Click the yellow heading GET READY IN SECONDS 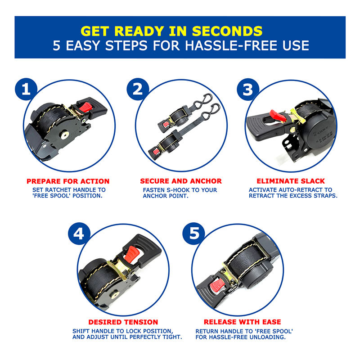pos(171,31)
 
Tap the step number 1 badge pos(27,89)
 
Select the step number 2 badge pos(138,89)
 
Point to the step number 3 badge pos(247,89)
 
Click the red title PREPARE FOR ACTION pos(68,181)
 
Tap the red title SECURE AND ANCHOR pos(181,181)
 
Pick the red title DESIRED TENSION pos(123,322)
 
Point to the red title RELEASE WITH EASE pos(242,322)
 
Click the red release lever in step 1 pos(85,108)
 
